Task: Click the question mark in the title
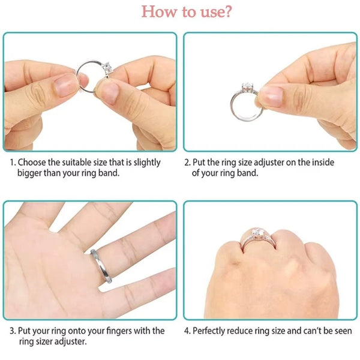tap(228, 11)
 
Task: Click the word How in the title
tap(158, 11)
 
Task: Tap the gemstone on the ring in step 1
tap(107, 67)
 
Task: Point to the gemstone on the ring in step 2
tap(247, 87)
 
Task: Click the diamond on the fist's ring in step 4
tap(259, 232)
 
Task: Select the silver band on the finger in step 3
tap(101, 266)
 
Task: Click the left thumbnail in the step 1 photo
tap(65, 85)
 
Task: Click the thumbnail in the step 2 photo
tap(272, 96)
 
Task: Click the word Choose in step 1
tap(32, 163)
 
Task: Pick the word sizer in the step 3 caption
tap(42, 341)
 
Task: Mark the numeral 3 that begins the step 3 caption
tap(12, 331)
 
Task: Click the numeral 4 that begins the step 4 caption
tap(187, 331)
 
